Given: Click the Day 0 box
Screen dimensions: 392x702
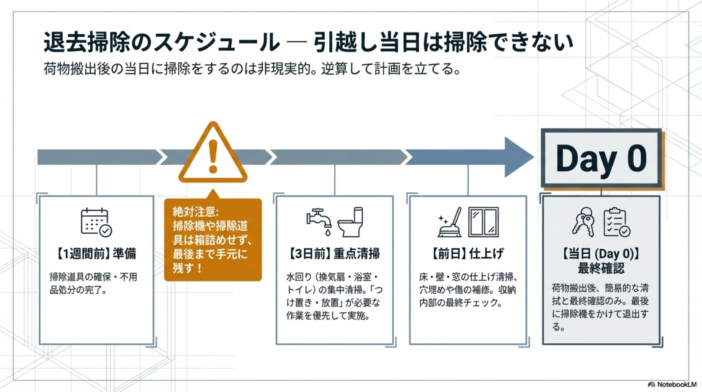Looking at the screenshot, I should pos(601,158).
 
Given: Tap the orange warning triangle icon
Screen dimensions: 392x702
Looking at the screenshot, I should pos(213,154).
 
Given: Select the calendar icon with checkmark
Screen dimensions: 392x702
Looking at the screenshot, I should pos(96,222).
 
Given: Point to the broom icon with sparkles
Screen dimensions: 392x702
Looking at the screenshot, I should pos(450,222).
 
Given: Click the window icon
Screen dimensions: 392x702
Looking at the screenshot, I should pos(483,222).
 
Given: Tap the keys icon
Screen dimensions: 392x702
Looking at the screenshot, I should pos(584,222).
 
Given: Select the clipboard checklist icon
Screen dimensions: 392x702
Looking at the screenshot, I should pos(617,222).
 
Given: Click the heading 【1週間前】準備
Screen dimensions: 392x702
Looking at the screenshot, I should pos(96,253).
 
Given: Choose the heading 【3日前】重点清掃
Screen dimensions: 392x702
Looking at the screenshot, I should pos(334,253).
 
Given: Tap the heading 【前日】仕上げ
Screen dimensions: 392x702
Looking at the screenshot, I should pos(468,253).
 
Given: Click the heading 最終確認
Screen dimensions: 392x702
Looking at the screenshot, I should pos(601,268).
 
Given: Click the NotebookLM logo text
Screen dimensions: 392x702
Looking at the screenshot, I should pos(676,384).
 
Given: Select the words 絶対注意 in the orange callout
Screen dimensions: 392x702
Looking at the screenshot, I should pos(195,212).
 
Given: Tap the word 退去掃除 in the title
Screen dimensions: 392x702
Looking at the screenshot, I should pos(87,42).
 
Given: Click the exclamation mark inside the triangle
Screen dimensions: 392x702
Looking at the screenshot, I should pos(213,157).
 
